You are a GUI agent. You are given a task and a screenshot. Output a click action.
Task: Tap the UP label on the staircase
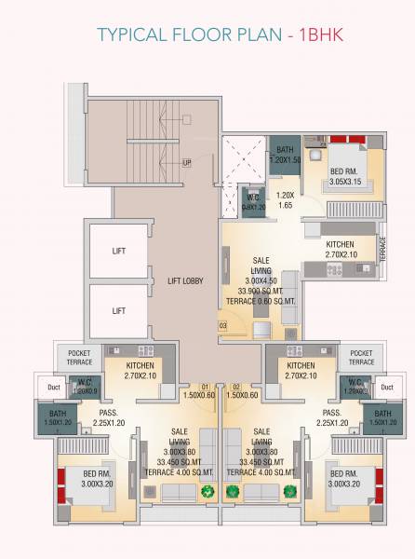click(188, 163)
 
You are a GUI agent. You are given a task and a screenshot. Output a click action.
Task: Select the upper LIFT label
click(119, 251)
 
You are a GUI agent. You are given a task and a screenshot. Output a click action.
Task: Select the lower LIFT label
click(119, 310)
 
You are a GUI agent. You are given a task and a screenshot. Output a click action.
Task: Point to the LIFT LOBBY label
click(185, 280)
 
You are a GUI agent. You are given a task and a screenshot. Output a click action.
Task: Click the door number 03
click(223, 324)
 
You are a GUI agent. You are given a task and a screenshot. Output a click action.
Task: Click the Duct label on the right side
click(386, 387)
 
